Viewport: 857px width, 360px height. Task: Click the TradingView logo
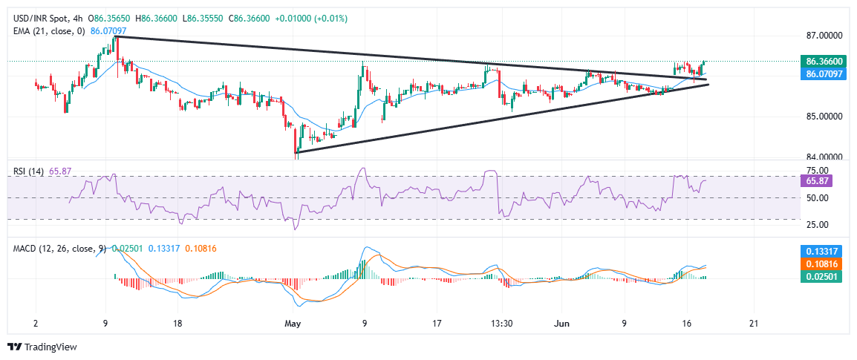(x=42, y=347)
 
